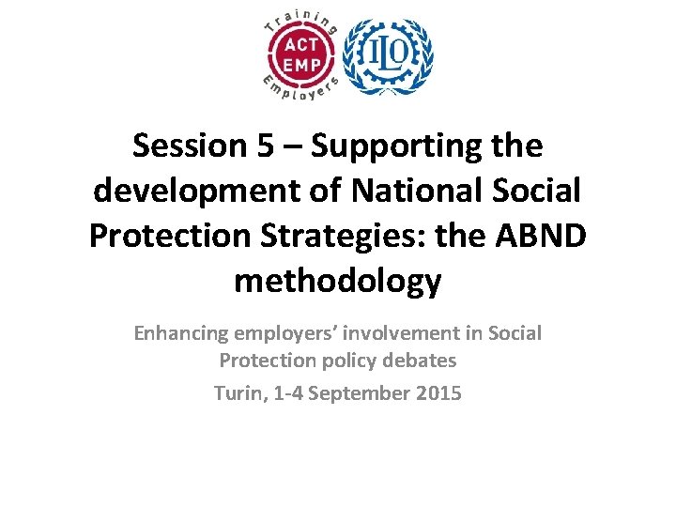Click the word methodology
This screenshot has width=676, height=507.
[337, 279]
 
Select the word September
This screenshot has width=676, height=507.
[361, 393]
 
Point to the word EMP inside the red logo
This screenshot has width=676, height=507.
[300, 65]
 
